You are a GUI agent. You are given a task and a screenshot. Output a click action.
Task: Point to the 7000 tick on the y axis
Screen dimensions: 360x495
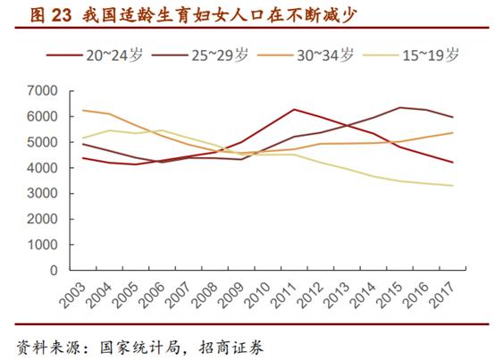(x=42, y=91)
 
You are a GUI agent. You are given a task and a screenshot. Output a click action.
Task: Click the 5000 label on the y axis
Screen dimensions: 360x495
(x=42, y=142)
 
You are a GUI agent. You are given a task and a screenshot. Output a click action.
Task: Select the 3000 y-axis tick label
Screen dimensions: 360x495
(x=42, y=193)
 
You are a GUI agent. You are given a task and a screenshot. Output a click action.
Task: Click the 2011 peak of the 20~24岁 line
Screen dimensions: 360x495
(x=292, y=109)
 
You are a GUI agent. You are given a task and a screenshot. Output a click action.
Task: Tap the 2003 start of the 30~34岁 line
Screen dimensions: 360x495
(x=82, y=110)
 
